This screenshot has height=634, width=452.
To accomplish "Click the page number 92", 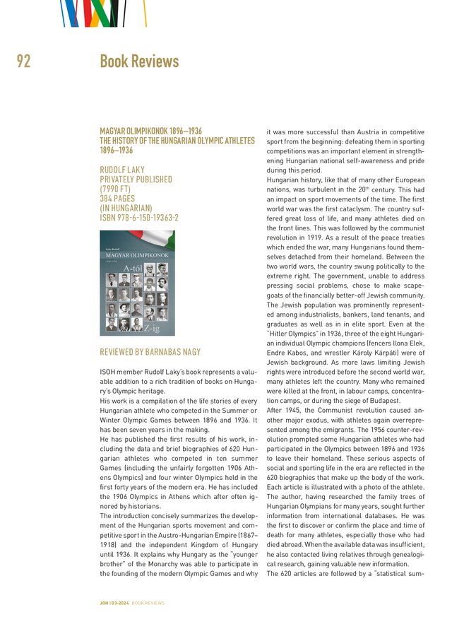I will point(23,61).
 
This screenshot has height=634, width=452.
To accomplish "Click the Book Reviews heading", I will point(139,61).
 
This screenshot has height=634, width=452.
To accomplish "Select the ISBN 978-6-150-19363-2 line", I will point(139,218).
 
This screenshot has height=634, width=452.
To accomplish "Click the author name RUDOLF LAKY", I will point(122,170).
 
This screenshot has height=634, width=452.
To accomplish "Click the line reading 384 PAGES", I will point(118,199).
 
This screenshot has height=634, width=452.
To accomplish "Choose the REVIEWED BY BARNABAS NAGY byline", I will point(150,352).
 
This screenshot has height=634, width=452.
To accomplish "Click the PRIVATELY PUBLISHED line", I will point(136,180).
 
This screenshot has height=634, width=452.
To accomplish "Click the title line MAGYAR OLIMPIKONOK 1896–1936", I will point(150,131).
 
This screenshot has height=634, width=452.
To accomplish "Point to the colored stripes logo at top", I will point(103,13).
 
